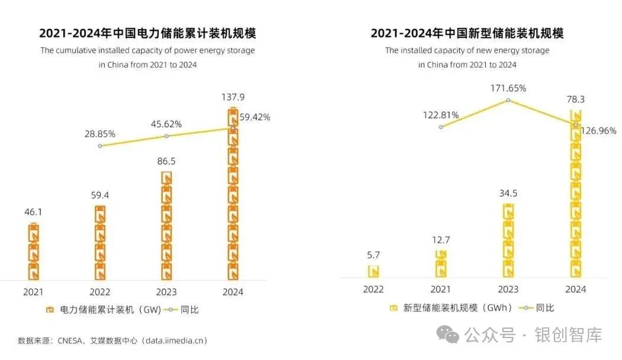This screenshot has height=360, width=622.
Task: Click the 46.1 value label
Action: click(x=33, y=211)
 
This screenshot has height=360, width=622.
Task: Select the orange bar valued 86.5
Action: click(x=166, y=225)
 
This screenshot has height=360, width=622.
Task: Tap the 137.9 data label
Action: click(x=233, y=96)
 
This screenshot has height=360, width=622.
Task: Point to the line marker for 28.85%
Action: click(x=100, y=146)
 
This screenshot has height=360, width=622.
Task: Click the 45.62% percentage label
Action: click(x=166, y=124)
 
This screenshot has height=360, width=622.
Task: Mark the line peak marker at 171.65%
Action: click(x=508, y=101)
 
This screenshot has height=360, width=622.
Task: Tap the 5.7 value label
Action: click(x=373, y=255)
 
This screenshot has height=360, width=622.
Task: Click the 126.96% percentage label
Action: click(x=598, y=130)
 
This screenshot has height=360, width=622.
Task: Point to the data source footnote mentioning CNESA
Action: click(x=113, y=340)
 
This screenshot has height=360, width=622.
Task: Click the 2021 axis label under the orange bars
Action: click(x=33, y=292)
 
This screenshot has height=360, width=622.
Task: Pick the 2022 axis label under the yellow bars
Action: click(x=373, y=290)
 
